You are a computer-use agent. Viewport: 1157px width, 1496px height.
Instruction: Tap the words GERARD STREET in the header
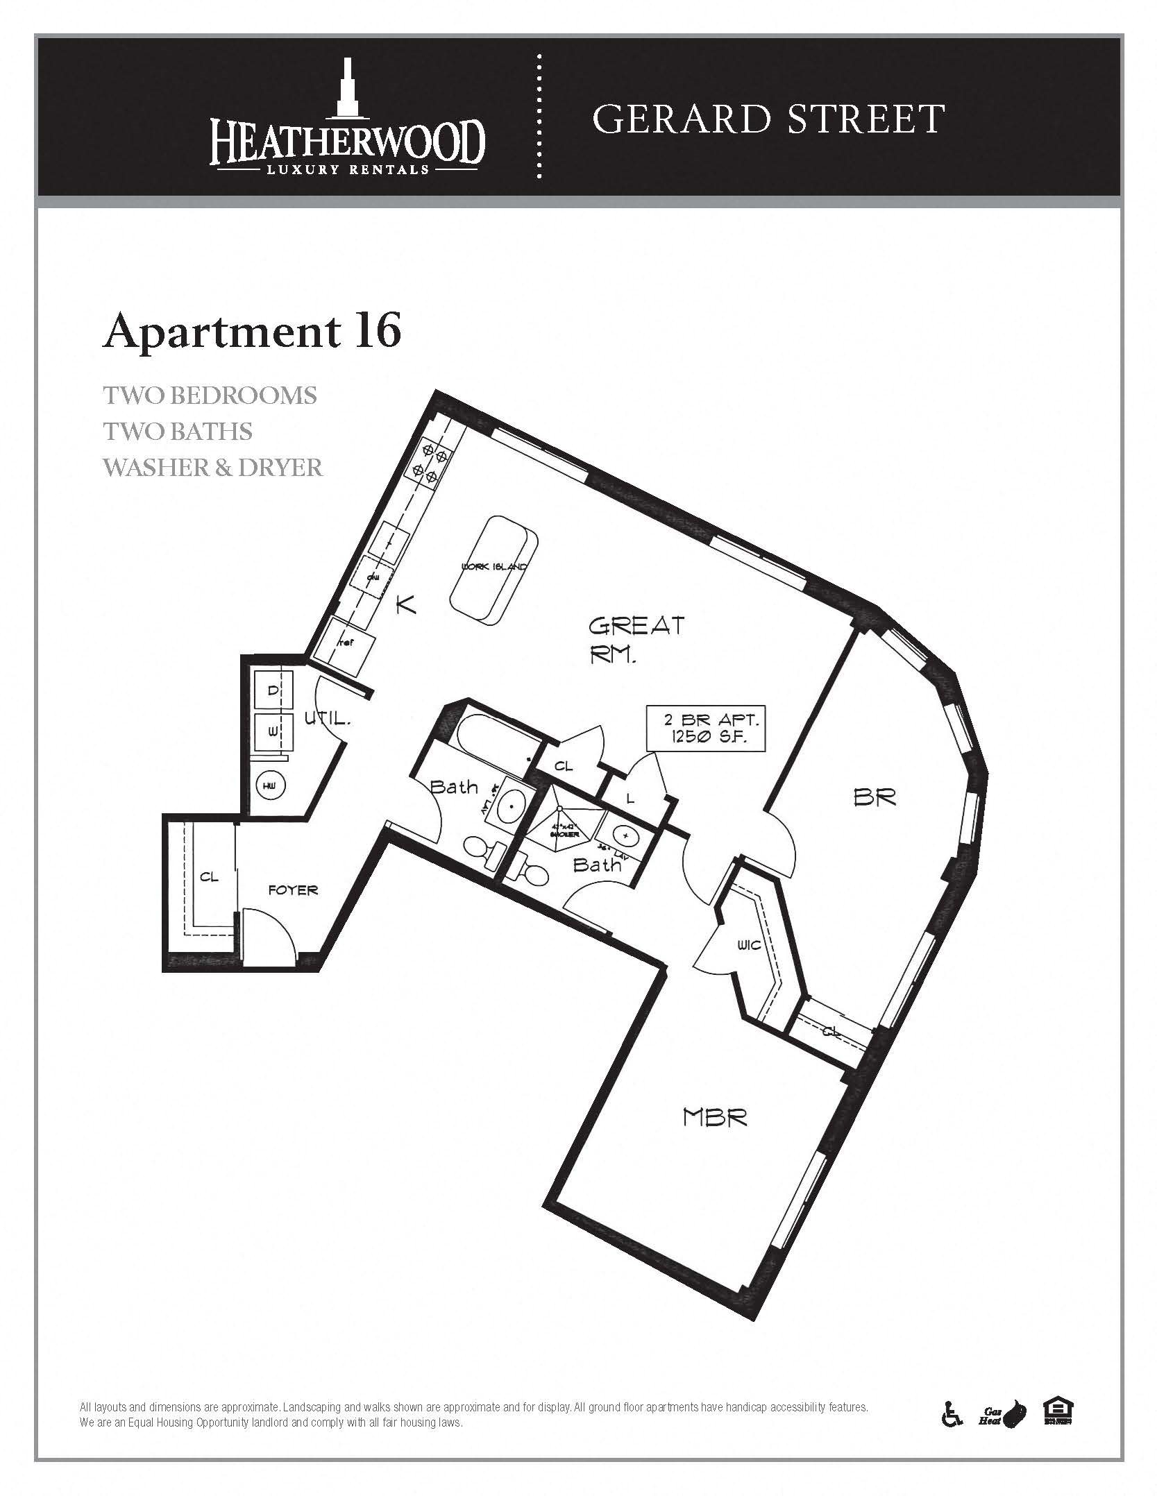(x=768, y=119)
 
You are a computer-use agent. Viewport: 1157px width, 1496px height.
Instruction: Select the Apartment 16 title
(x=252, y=332)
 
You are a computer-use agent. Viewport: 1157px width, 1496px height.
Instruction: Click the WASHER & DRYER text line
(x=213, y=468)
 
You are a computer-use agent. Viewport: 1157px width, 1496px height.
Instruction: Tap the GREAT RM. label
(x=635, y=639)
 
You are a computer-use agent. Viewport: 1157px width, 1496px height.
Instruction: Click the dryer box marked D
(x=273, y=691)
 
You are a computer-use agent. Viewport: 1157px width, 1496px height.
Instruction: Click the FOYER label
(x=293, y=890)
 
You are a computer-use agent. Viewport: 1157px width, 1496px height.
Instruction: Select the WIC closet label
(x=750, y=945)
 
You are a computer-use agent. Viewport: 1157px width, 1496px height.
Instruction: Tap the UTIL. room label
(x=328, y=720)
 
